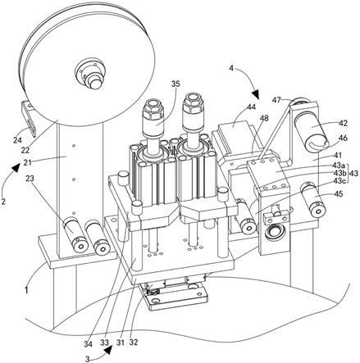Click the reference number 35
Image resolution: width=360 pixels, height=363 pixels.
pyautogui.click(x=175, y=84)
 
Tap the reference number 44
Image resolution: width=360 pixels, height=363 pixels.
pyautogui.click(x=251, y=107)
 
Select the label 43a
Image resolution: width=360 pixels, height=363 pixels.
pyautogui.click(x=339, y=166)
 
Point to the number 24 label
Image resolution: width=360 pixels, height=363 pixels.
pyautogui.click(x=17, y=140)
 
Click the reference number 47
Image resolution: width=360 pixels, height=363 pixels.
pyautogui.click(x=276, y=100)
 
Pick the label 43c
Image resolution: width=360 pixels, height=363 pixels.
pyautogui.click(x=339, y=181)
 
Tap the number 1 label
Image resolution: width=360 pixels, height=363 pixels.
pyautogui.click(x=26, y=290)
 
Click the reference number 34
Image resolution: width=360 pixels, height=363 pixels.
pyautogui.click(x=88, y=344)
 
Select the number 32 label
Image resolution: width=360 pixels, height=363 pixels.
pyautogui.click(x=134, y=342)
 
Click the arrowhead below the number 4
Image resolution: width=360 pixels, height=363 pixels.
pyautogui.click(x=256, y=94)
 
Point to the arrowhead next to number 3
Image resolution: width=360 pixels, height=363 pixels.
pyautogui.click(x=109, y=350)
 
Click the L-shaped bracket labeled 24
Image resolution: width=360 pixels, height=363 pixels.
pyautogui.click(x=30, y=118)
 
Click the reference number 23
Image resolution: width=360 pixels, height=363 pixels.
pyautogui.click(x=30, y=179)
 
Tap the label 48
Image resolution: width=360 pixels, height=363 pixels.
pyautogui.click(x=264, y=118)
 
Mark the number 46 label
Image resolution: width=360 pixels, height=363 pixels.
pyautogui.click(x=343, y=138)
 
